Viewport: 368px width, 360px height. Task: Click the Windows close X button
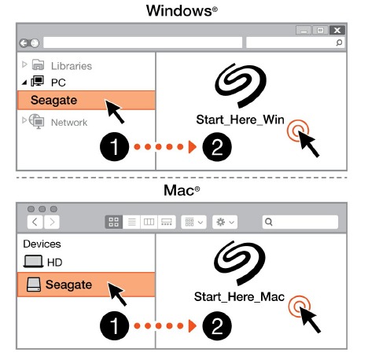337,31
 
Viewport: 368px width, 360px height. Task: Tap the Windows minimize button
304,31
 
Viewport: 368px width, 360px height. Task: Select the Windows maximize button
320,31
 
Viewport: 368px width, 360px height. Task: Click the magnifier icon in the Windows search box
339,42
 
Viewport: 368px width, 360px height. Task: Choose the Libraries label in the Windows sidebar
72,66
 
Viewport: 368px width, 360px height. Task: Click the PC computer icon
37,81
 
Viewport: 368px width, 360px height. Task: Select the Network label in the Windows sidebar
69,123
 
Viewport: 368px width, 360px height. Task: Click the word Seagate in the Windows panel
53,100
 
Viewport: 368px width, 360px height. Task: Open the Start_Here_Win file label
240,119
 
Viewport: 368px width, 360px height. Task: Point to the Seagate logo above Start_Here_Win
241,85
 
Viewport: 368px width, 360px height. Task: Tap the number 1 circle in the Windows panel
115,146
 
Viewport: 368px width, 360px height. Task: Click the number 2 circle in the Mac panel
217,325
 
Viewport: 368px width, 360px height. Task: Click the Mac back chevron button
35,222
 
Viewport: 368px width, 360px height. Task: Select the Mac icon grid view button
114,222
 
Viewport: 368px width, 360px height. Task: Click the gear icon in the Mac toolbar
221,222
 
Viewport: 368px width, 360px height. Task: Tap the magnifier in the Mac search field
269,222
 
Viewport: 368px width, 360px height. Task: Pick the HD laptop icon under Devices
33,262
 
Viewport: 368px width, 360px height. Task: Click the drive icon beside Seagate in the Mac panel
34,285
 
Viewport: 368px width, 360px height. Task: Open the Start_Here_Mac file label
239,297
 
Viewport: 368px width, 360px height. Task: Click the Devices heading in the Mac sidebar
42,244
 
